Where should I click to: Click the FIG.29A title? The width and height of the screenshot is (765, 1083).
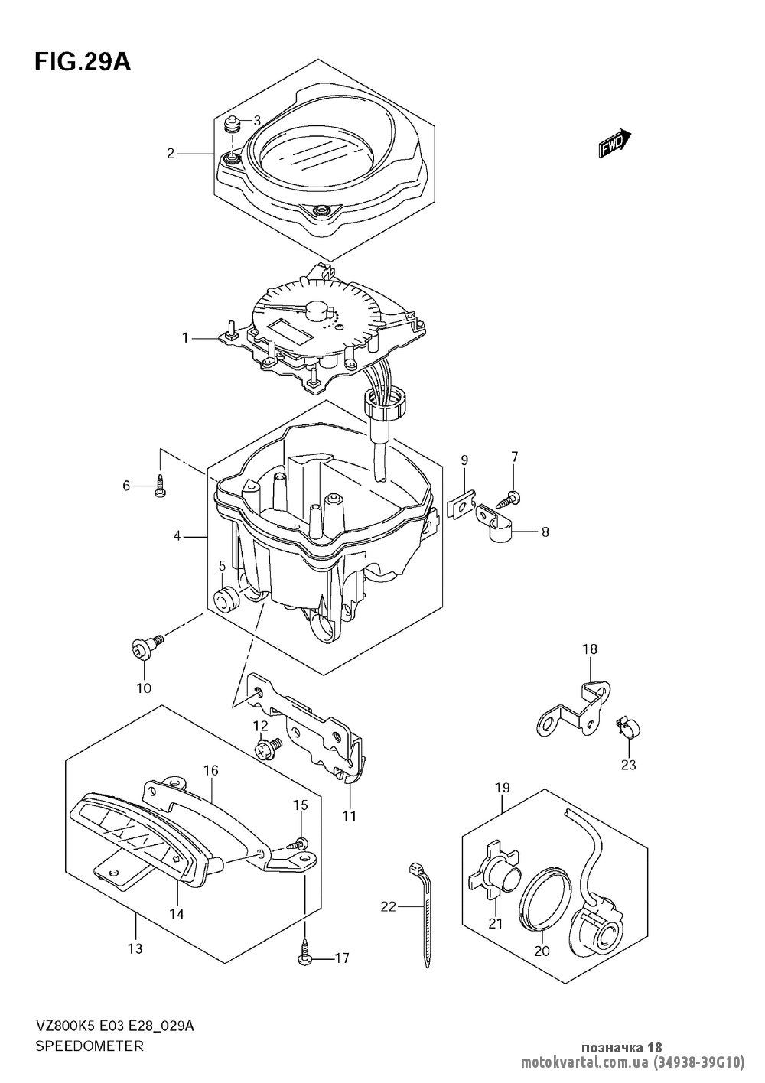[x=82, y=63]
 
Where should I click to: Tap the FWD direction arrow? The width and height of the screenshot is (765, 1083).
[x=614, y=143]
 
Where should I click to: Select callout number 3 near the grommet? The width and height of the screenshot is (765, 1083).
[x=257, y=120]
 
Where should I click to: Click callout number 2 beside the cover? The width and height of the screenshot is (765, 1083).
[x=171, y=154]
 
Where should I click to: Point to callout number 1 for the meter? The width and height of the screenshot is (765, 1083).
[x=185, y=338]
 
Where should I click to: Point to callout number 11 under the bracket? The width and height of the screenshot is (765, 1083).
[x=349, y=815]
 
